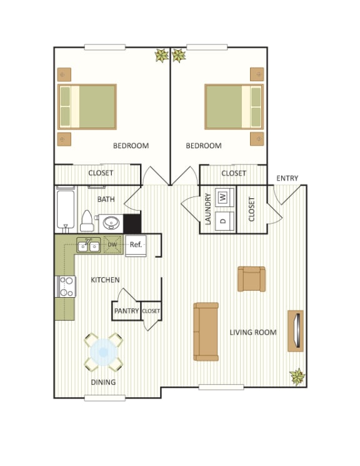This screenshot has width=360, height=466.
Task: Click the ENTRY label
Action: (x=287, y=178)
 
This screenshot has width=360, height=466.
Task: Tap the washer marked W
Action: (x=222, y=198)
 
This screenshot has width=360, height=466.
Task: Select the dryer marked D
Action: (x=222, y=220)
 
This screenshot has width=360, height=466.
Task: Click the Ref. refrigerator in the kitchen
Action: (x=136, y=244)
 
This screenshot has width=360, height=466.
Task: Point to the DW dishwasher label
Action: (x=112, y=245)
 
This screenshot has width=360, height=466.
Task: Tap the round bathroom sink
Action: (x=112, y=222)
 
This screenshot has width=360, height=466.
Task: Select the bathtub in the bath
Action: (x=65, y=208)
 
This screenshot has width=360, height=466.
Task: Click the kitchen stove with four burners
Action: (x=66, y=286)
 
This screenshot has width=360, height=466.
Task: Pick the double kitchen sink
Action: (x=88, y=245)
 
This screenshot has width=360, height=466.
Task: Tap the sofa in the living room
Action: (x=206, y=332)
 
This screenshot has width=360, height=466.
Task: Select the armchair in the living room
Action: (x=251, y=279)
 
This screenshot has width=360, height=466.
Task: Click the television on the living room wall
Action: (x=296, y=330)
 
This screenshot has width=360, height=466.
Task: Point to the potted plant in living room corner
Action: (x=297, y=377)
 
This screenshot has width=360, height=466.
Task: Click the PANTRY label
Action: (x=126, y=310)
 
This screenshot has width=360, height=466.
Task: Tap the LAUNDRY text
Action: (x=207, y=210)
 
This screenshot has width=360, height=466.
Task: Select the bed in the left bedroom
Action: (x=87, y=106)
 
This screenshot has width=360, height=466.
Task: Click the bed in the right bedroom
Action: (x=234, y=106)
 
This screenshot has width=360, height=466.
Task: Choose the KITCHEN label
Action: (x=105, y=280)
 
